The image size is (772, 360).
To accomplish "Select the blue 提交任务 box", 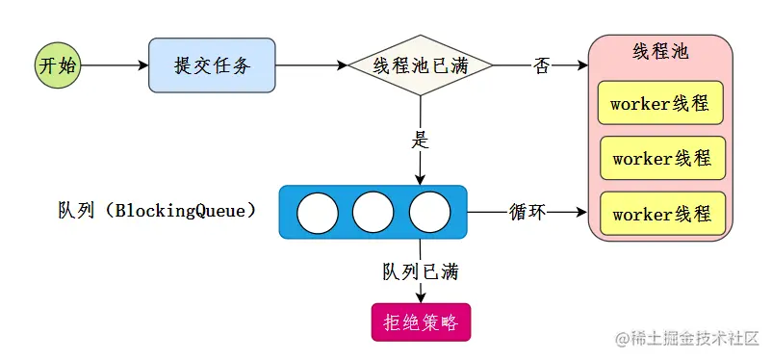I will coord(212,65).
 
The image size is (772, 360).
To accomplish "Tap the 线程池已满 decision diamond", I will coord(420,65).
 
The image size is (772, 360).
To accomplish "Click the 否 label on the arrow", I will coord(542,65).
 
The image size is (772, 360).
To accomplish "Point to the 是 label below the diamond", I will coord(420,139).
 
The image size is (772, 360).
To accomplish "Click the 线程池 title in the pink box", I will coord(661,52).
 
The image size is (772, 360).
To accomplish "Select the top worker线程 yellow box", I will coord(660,103).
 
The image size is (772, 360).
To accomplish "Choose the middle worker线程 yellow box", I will coord(662,158).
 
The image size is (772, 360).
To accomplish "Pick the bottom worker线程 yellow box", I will coord(662,213).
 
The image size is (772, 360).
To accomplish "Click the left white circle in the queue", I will coord(317,213).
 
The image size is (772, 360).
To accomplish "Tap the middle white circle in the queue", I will coord(373,213).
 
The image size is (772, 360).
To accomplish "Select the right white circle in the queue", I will coord(429,213).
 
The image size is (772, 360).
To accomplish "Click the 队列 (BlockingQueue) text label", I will coord(157,211).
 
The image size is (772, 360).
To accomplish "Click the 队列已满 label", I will coord(421,271).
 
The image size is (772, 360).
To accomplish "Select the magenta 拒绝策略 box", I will coord(421,322).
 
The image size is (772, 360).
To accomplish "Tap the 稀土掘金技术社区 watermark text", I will coord(690,339).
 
